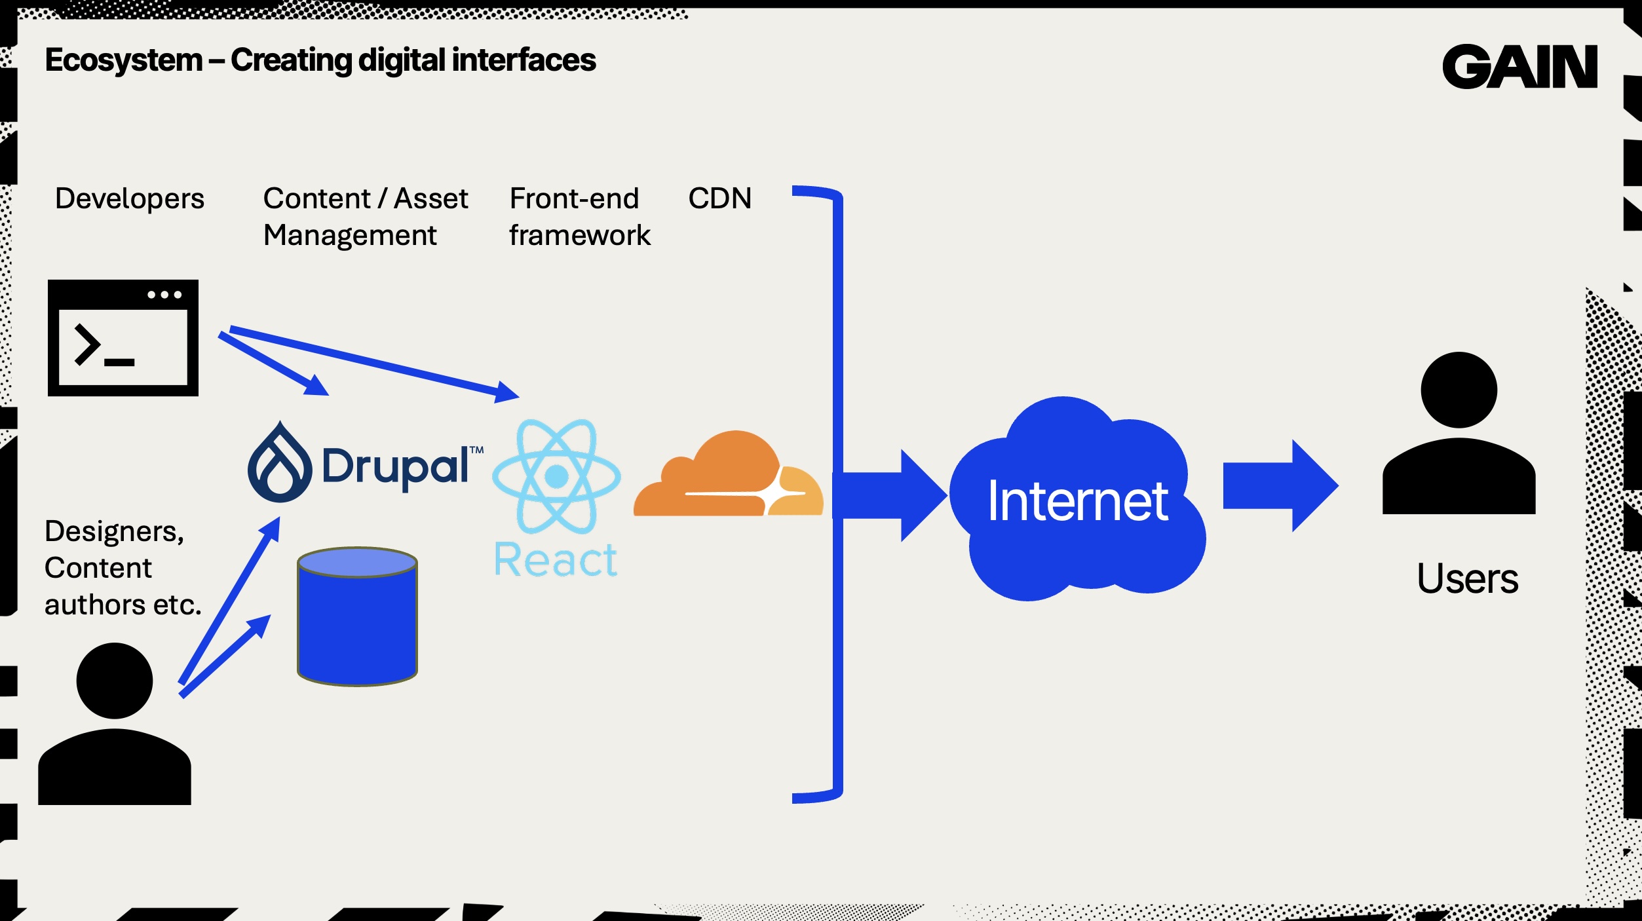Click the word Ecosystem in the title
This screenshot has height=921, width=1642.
(x=124, y=60)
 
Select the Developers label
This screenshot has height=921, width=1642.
(x=129, y=198)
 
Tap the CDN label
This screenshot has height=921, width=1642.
(x=719, y=198)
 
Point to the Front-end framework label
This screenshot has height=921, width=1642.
(x=579, y=217)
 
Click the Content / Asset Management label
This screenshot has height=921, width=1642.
(x=365, y=217)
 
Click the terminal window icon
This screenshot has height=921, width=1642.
(x=123, y=338)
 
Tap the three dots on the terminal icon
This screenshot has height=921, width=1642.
(x=164, y=295)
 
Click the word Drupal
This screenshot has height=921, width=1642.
(x=395, y=467)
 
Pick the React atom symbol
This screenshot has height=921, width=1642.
(x=556, y=476)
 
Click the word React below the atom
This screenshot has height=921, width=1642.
(x=556, y=561)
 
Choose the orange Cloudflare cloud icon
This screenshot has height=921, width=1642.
(x=727, y=476)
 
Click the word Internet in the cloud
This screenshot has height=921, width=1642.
(x=1077, y=501)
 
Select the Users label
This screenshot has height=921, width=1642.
(x=1467, y=579)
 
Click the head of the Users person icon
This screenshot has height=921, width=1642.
(x=1459, y=390)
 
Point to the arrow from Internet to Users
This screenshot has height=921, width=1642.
(x=1280, y=485)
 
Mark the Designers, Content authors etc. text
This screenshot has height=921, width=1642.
(x=123, y=568)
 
